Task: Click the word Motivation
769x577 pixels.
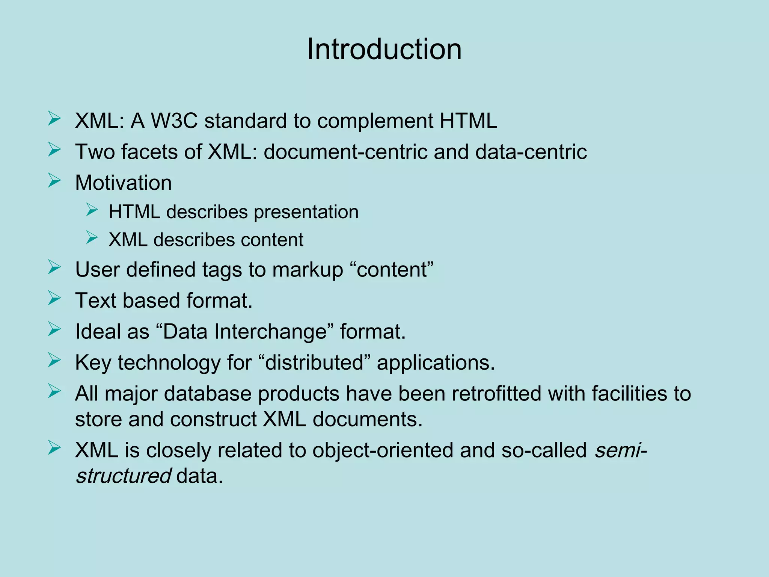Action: [123, 183]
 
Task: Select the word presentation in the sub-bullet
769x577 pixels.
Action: [306, 212]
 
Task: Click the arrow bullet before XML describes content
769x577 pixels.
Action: [92, 237]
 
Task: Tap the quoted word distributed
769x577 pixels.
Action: [314, 363]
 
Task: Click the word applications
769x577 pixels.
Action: [436, 363]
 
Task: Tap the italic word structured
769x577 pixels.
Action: [124, 476]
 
